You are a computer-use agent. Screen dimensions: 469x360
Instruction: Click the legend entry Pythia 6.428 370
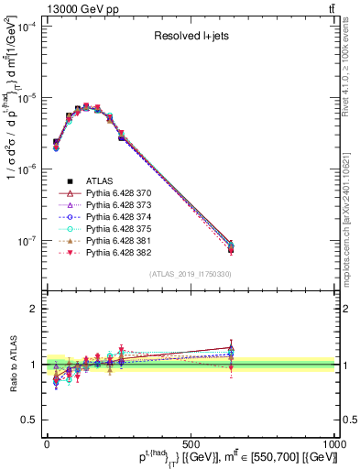point(119,194)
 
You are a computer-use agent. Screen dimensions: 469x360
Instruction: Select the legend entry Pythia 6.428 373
point(119,208)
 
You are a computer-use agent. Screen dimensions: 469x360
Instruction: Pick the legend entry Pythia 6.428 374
point(119,222)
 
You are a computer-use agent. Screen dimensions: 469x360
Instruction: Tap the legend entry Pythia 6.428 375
point(119,235)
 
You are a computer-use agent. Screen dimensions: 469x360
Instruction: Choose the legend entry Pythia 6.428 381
point(119,249)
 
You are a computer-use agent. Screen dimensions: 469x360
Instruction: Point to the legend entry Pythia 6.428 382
point(119,263)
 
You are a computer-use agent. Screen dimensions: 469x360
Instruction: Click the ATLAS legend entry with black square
point(98,180)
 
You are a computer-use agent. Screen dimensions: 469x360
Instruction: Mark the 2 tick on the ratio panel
point(35,309)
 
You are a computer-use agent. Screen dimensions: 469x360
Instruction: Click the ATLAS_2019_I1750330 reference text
point(190,274)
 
